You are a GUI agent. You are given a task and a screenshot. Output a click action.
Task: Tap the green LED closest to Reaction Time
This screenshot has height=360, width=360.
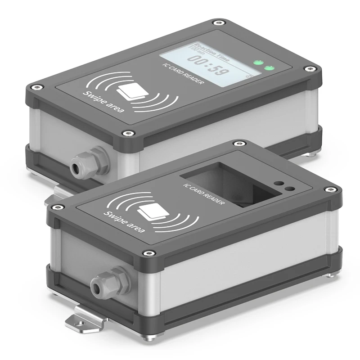(258, 63)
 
